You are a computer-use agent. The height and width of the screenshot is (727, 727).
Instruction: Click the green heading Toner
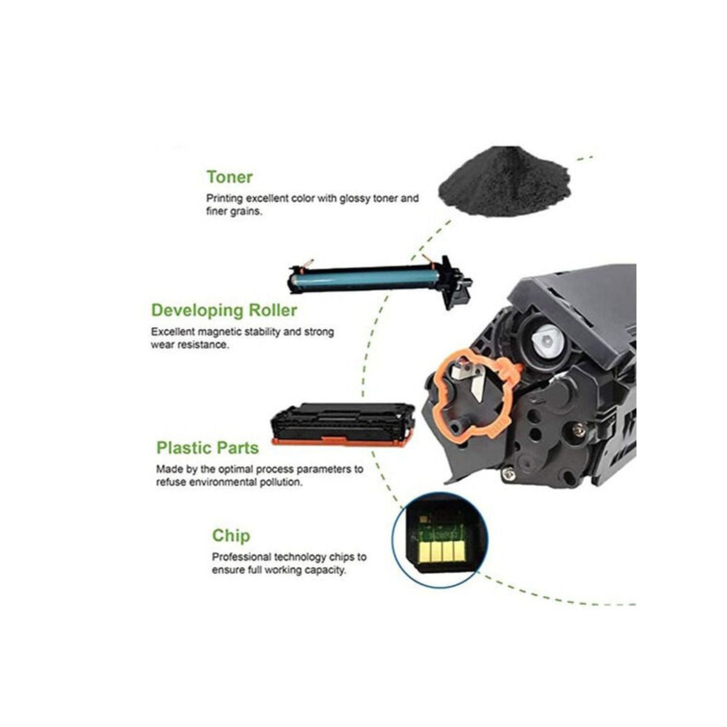pos(230,177)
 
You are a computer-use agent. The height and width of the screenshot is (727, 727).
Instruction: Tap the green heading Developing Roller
pos(224,311)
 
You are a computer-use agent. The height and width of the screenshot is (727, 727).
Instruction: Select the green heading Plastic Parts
pos(208,448)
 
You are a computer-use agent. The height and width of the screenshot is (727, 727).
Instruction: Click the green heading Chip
pos(231,536)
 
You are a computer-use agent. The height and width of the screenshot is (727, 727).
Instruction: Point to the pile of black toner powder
pos(505,184)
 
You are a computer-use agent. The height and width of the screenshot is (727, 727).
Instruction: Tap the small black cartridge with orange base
pos(342,425)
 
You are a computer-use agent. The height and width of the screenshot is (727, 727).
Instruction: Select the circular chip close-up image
pos(439,540)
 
